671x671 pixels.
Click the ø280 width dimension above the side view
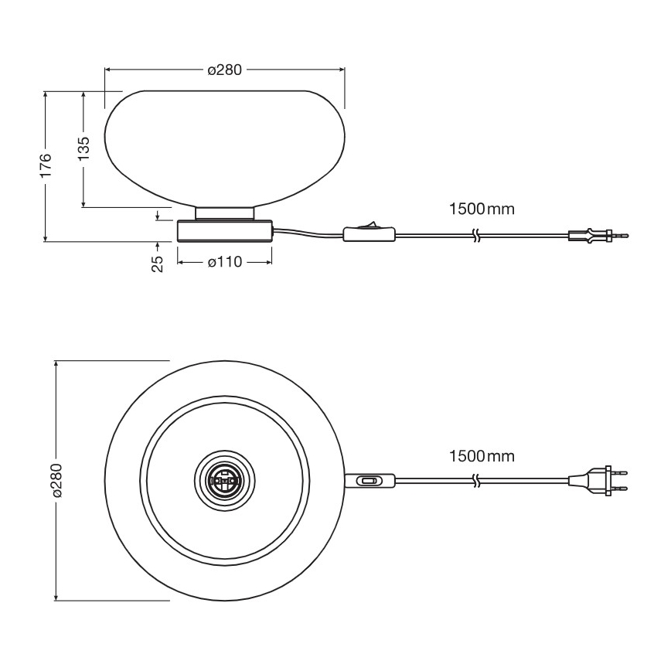pyautogui.click(x=225, y=70)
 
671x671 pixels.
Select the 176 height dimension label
pyautogui.click(x=46, y=165)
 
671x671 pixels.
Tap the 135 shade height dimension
pyautogui.click(x=83, y=147)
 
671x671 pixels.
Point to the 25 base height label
pyautogui.click(x=158, y=264)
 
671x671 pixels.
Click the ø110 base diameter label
pyautogui.click(x=225, y=262)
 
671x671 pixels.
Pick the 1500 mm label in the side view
pyautogui.click(x=481, y=209)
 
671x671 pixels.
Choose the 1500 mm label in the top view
pyautogui.click(x=481, y=456)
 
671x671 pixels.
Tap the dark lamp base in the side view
pyautogui.click(x=225, y=231)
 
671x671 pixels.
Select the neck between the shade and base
pyautogui.click(x=225, y=213)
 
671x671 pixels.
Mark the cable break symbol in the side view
pyautogui.click(x=478, y=234)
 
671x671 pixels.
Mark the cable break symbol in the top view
pyautogui.click(x=478, y=481)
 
